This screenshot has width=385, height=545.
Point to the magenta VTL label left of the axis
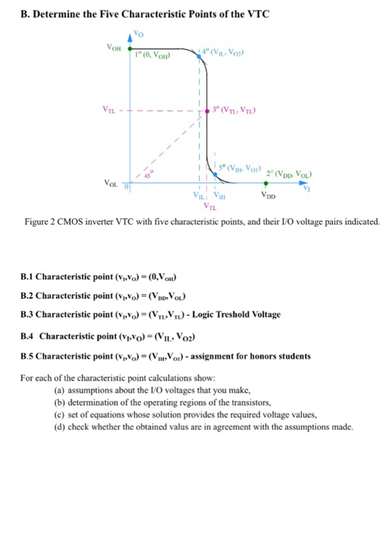[113, 111]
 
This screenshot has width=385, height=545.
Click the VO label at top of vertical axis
[140, 35]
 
